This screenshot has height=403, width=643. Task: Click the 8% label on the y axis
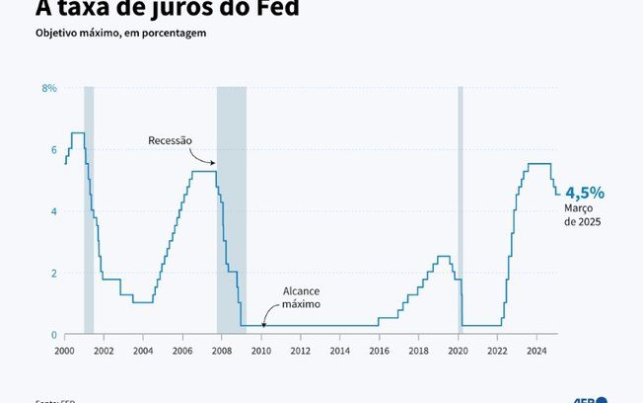pos(49,88)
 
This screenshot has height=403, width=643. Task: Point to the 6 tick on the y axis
pos(53,149)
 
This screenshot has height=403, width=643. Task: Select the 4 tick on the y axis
pos(53,211)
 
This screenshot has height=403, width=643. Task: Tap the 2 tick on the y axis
pos(53,273)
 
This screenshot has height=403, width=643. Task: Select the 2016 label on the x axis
pos(379,351)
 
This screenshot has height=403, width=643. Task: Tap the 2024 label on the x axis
pos(536,351)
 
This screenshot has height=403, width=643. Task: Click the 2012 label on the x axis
pos(300,351)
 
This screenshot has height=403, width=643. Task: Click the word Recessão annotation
pos(170,140)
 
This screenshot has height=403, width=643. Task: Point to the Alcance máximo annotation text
pos(302,298)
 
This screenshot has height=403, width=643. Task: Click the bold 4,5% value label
pos(585,193)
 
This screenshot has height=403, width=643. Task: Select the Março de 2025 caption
pos(583,215)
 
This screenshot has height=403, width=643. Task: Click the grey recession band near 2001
pos(89,217)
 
